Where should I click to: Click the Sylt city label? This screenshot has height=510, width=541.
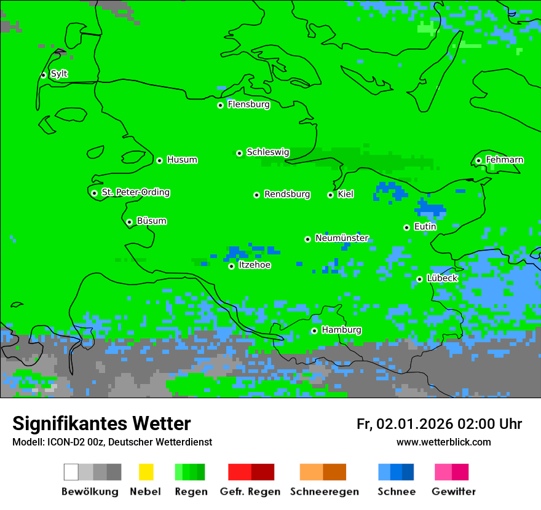pyautogui.click(x=59, y=74)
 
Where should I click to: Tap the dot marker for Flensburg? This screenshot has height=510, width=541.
pyautogui.click(x=220, y=105)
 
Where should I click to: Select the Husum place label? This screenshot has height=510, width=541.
pyautogui.click(x=182, y=160)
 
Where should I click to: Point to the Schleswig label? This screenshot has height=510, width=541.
pyautogui.click(x=267, y=152)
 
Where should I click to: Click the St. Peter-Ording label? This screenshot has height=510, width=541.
pyautogui.click(x=135, y=192)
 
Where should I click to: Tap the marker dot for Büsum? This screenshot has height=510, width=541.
pyautogui.click(x=129, y=222)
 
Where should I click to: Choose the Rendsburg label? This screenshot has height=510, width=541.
pyautogui.click(x=287, y=194)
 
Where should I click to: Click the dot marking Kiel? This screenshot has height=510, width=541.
pyautogui.click(x=330, y=195)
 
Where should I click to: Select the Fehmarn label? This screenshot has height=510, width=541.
pyautogui.click(x=504, y=160)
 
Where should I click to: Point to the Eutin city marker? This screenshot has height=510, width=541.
pyautogui.click(x=406, y=227)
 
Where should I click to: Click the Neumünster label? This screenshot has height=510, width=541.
pyautogui.click(x=342, y=238)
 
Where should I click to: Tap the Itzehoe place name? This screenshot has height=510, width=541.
pyautogui.click(x=255, y=265)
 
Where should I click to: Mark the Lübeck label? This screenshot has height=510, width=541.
pyautogui.click(x=442, y=278)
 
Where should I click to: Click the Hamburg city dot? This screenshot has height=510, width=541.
pyautogui.click(x=314, y=331)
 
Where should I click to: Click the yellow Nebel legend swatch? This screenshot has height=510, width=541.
pyautogui.click(x=146, y=472)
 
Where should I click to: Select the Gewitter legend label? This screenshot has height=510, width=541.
pyautogui.click(x=453, y=492)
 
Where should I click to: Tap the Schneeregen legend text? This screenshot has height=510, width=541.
pyautogui.click(x=324, y=492)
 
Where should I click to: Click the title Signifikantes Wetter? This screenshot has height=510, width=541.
pyautogui.click(x=101, y=423)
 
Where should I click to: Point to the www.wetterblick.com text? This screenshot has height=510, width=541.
pyautogui.click(x=443, y=442)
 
